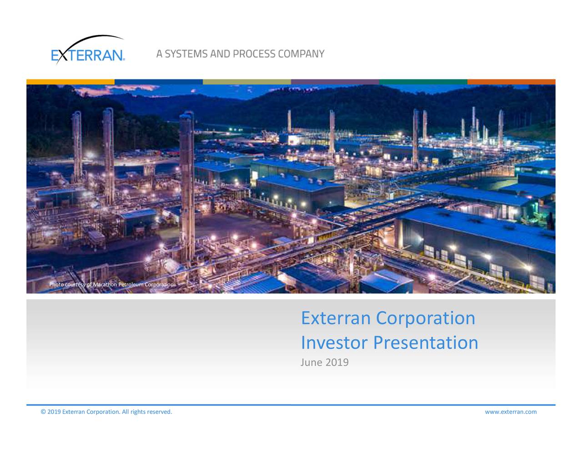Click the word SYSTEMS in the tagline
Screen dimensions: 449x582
click(186, 54)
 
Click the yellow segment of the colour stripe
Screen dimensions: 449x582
click(70, 82)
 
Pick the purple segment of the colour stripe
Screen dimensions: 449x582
click(335, 82)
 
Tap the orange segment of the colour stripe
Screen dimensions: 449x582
click(511, 82)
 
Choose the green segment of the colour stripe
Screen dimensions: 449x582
click(423, 82)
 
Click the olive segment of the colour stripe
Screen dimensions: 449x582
click(247, 82)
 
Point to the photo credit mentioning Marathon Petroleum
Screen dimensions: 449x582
click(111, 285)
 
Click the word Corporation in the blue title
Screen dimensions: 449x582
click(426, 318)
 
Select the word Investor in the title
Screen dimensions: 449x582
click(334, 343)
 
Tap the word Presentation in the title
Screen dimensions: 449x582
click(426, 343)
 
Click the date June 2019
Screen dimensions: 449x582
click(325, 363)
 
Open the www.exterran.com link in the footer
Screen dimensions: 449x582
click(511, 412)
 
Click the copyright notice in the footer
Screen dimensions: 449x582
click(106, 412)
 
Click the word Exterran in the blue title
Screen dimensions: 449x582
click(336, 318)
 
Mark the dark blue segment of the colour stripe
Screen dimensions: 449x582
click(159, 82)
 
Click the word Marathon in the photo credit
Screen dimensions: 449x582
click(105, 285)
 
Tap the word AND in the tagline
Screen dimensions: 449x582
click(221, 54)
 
